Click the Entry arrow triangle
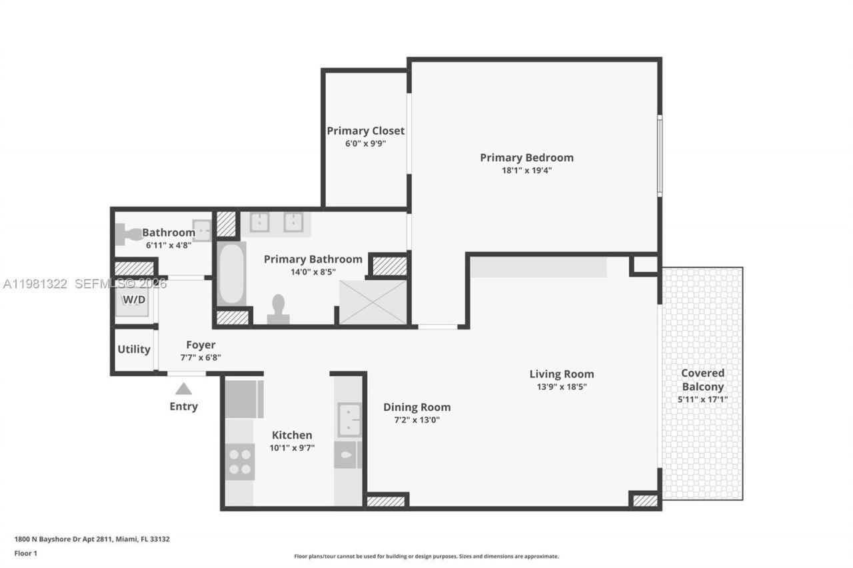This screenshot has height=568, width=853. pos(183,389)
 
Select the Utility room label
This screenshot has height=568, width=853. pos(134,349)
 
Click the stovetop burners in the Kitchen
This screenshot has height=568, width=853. pos(240,461)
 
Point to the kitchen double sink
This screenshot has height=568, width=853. pos(349,420)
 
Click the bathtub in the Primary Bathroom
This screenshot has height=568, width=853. pos(231,274)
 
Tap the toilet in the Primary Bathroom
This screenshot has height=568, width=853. pos(278,310)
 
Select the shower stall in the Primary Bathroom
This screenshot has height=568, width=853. pos(373,302)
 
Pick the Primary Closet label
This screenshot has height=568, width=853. pos(365,131)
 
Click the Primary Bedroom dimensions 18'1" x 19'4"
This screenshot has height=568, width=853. pos(526,170)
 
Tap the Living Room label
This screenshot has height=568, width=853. pos(561,374)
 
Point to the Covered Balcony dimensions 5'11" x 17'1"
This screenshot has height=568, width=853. pos(702,400)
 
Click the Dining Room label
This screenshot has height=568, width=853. pos(417,407)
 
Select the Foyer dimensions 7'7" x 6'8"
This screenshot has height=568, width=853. pos(201,358)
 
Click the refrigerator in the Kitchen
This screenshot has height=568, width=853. pos(244,399)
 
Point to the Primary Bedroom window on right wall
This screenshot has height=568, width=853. pos(659,156)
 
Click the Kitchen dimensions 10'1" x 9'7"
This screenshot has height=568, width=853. pos(292,448)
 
